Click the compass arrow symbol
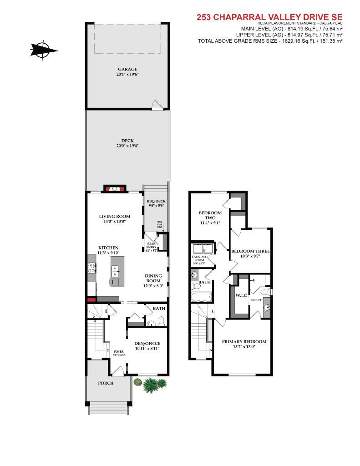44,50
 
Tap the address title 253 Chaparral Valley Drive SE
269,17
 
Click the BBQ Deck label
156,201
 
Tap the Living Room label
115,216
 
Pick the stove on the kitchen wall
91,268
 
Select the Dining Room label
153,279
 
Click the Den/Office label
147,344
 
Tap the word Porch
106,383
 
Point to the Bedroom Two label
210,215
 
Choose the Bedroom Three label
250,251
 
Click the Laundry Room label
199,259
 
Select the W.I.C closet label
241,295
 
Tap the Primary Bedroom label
244,341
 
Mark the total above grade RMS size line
270,41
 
